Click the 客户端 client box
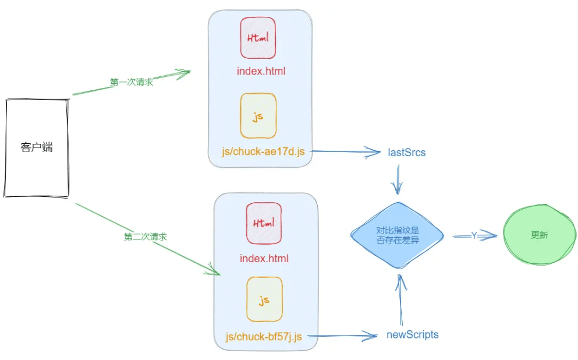coord(37,147)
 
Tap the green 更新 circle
coord(540,235)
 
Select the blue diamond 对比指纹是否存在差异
coord(398,235)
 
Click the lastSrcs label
coord(407,153)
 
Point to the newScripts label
coord(413,334)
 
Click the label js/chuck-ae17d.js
coord(263,151)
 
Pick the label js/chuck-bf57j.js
coord(264,336)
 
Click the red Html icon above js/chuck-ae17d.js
coord(258,38)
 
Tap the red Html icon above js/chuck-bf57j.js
coord(264,223)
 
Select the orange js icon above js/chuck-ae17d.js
coord(258,116)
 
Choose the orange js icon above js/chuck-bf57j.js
coord(264,299)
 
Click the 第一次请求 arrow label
coord(132,82)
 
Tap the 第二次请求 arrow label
coord(146,237)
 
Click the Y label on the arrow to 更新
coord(474,235)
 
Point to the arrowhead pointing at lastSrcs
coord(373,152)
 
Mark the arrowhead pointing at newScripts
coord(370,336)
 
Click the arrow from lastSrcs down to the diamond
coord(398,179)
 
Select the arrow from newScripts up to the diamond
coord(400,299)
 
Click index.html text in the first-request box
coord(261,71)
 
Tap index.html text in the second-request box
coord(264,258)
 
